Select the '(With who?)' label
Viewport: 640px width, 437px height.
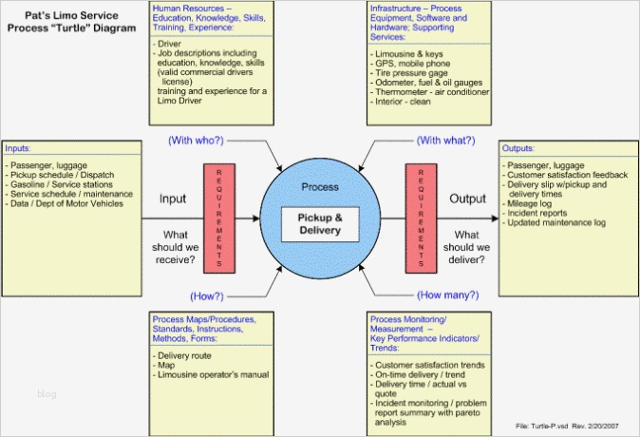coord(196,142)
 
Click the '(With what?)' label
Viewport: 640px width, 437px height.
coord(444,142)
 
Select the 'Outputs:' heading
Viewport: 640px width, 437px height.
coord(519,149)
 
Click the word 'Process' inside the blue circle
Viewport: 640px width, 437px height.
coord(319,188)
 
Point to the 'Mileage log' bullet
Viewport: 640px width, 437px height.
coord(533,203)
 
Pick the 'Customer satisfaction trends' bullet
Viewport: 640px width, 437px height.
coord(432,365)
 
